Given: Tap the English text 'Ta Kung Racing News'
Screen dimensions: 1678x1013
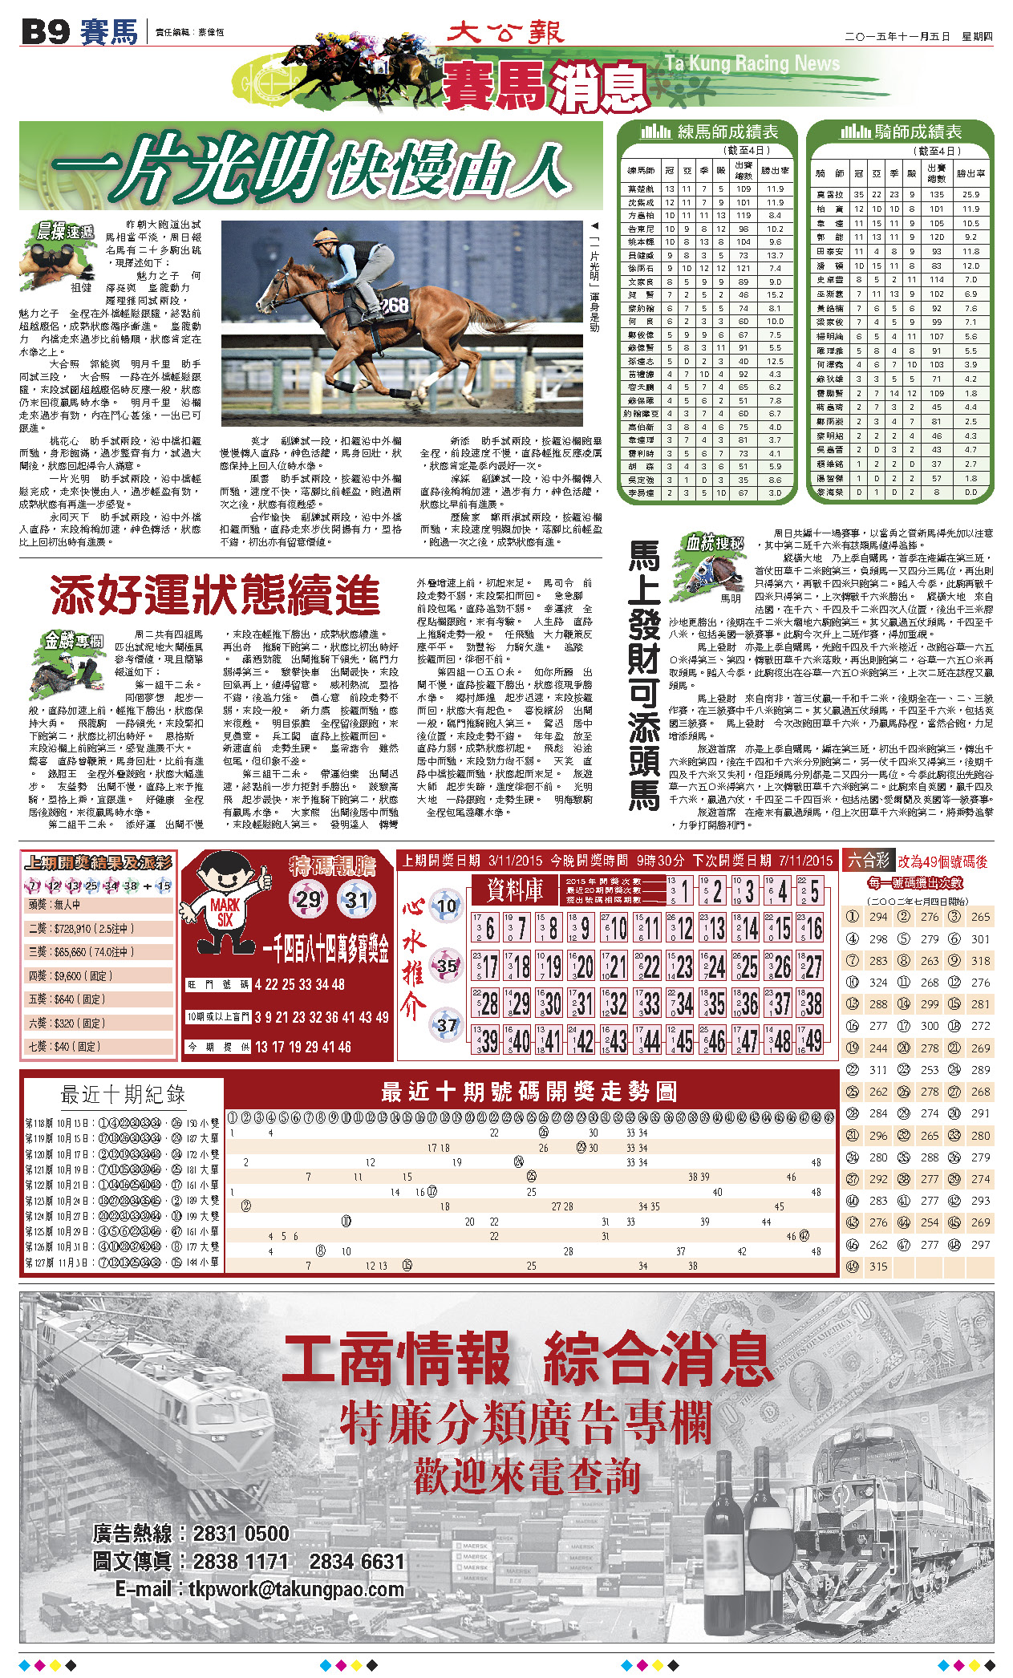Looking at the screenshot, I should click(752, 63).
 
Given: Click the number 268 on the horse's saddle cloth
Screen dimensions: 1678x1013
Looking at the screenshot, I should click(394, 306).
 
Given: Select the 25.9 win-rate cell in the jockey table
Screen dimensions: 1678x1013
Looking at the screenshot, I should click(970, 194).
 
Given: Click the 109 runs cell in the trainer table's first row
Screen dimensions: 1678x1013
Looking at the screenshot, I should click(743, 189).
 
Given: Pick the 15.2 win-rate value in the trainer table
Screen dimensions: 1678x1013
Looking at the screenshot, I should click(774, 294).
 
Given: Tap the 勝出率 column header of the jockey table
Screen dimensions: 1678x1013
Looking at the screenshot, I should click(970, 173).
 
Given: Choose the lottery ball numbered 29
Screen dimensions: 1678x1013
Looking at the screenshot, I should click(308, 899).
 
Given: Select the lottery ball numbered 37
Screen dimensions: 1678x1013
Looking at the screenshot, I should click(446, 1024).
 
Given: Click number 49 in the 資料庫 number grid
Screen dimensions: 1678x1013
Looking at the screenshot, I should click(812, 1041).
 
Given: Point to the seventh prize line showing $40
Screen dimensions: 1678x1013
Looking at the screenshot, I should click(64, 1047).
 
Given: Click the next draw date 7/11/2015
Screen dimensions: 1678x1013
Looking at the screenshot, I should click(806, 861).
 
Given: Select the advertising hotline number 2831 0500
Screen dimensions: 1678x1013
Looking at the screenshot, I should click(241, 1534).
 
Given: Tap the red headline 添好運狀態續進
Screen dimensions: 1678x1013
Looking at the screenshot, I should click(215, 596).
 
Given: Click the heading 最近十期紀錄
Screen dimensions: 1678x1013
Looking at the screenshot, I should click(123, 1094).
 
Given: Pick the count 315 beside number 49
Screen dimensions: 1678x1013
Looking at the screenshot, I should click(878, 1267).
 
